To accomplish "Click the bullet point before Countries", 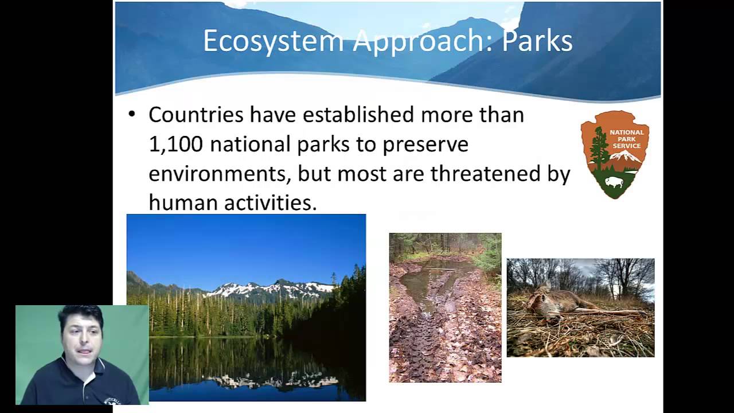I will click(132, 114).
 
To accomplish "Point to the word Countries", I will click(196, 115).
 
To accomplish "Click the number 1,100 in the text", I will click(175, 144).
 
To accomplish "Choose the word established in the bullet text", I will click(358, 115).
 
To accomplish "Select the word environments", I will click(217, 173).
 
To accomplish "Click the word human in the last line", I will click(182, 202).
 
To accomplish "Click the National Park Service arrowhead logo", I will click(614, 154).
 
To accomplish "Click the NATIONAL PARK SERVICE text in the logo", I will click(626, 139).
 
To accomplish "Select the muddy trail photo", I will click(445, 307).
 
